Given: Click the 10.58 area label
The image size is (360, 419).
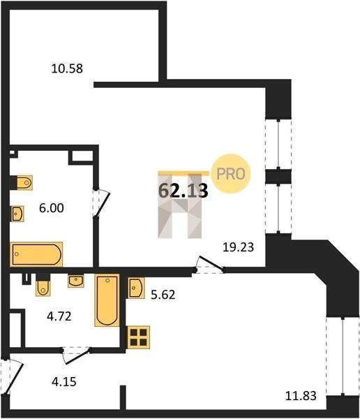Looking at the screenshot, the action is coord(67,68).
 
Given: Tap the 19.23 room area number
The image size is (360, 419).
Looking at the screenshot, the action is coord(238,247).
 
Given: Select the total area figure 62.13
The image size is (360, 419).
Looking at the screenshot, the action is coord(183,191).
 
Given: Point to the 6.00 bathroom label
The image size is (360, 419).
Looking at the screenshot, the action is coord(52,208).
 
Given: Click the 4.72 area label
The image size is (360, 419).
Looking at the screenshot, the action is coord(59,316).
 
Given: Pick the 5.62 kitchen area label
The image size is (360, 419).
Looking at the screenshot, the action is coord(163,295).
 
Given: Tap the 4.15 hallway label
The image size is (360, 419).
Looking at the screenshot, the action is coord(64,381).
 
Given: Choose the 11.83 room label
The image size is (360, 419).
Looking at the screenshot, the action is coord(301,396).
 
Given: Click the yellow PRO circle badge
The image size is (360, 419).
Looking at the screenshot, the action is coord(231,174).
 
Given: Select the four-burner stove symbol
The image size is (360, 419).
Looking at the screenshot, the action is coord(139,337).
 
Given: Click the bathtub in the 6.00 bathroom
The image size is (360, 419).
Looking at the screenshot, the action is coord(36,254).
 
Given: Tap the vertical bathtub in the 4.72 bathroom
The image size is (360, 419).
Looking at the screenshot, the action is coord(107,300).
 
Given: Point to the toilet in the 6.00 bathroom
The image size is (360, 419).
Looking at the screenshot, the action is coord(24,183).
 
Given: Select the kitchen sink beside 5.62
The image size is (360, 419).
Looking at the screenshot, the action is coord(136,288).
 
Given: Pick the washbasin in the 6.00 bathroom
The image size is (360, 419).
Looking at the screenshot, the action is coord(17,214).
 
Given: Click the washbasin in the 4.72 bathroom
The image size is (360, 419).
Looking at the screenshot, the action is coord(76,281).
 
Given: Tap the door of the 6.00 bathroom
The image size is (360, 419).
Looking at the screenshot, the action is coord(101,203).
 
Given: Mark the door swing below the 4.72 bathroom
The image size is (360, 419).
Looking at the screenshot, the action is coord(76,355).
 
